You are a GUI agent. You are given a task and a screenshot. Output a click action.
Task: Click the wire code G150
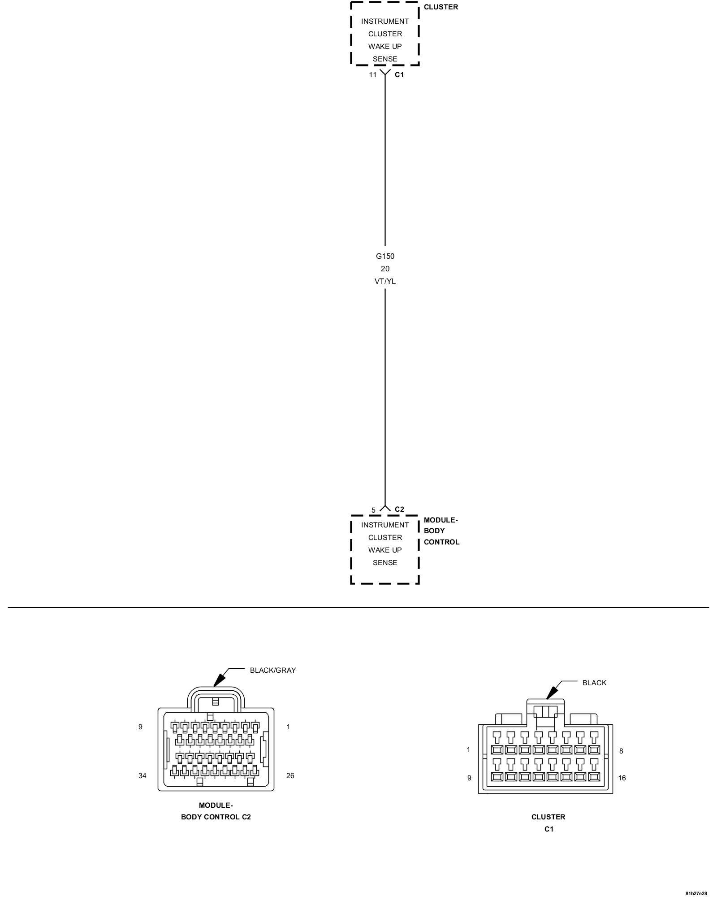pos(385,257)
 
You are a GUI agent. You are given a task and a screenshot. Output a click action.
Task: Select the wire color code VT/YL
pos(385,282)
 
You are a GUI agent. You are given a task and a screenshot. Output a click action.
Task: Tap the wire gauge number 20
pos(385,269)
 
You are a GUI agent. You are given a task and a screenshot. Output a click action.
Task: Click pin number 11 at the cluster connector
pos(373,75)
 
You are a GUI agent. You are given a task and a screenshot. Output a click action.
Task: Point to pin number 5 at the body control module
pos(373,510)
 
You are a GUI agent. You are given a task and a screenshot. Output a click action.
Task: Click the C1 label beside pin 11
pos(399,75)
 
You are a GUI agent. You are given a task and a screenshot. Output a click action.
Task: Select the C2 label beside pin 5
pos(399,509)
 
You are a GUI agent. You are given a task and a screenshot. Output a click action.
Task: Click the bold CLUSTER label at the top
pos(441,7)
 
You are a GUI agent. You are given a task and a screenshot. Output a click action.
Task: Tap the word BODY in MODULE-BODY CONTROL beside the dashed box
pos(434,531)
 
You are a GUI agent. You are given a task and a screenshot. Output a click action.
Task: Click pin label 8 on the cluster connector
pos(621,751)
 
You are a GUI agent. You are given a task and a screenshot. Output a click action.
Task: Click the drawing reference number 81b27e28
pos(696,893)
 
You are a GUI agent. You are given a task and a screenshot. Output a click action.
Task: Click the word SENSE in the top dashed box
pos(385,59)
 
